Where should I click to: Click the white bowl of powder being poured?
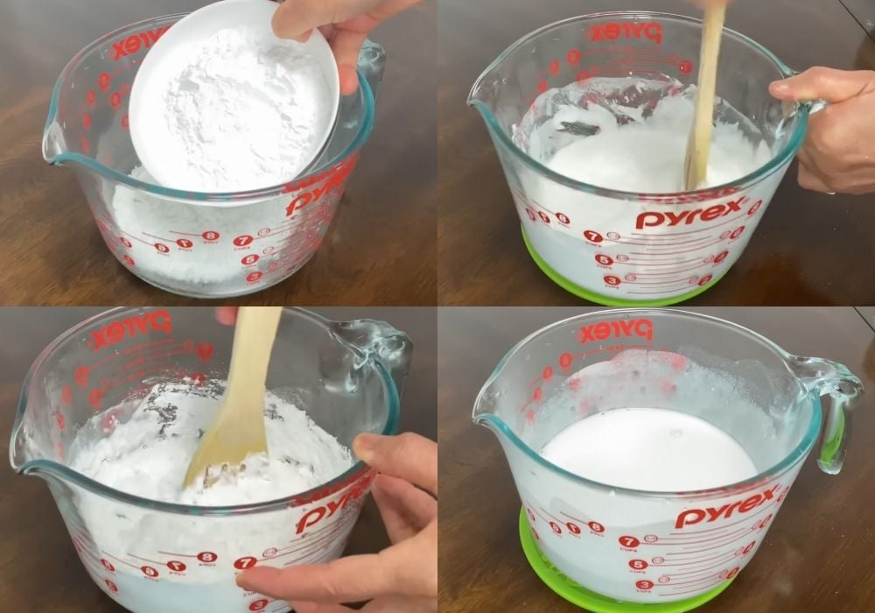(x=232, y=96)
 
